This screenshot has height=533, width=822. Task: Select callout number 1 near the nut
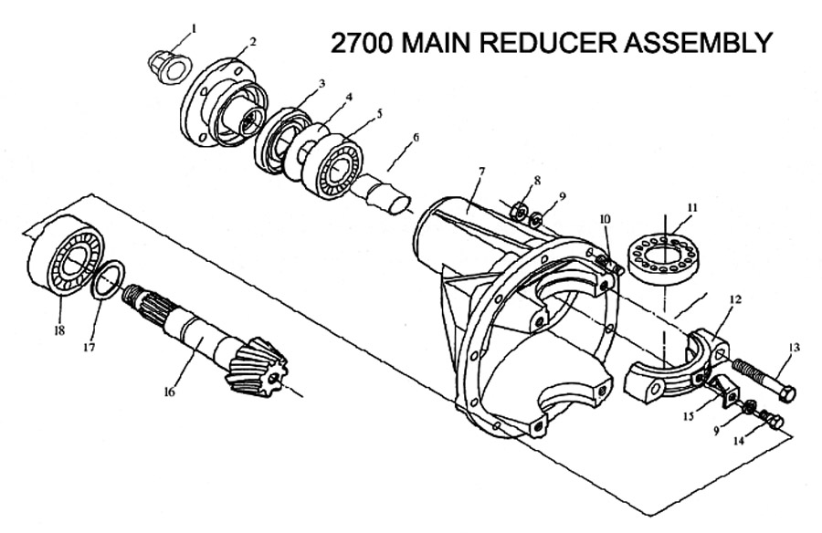(194, 27)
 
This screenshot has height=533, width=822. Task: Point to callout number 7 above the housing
(481, 171)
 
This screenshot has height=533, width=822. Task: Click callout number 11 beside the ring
(692, 207)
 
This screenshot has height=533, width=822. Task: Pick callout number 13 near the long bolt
(795, 348)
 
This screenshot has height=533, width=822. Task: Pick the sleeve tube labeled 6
(381, 196)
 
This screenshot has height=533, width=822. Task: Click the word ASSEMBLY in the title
(698, 43)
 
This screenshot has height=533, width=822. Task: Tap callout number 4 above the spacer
(349, 97)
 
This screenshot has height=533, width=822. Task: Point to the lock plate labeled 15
(722, 393)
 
